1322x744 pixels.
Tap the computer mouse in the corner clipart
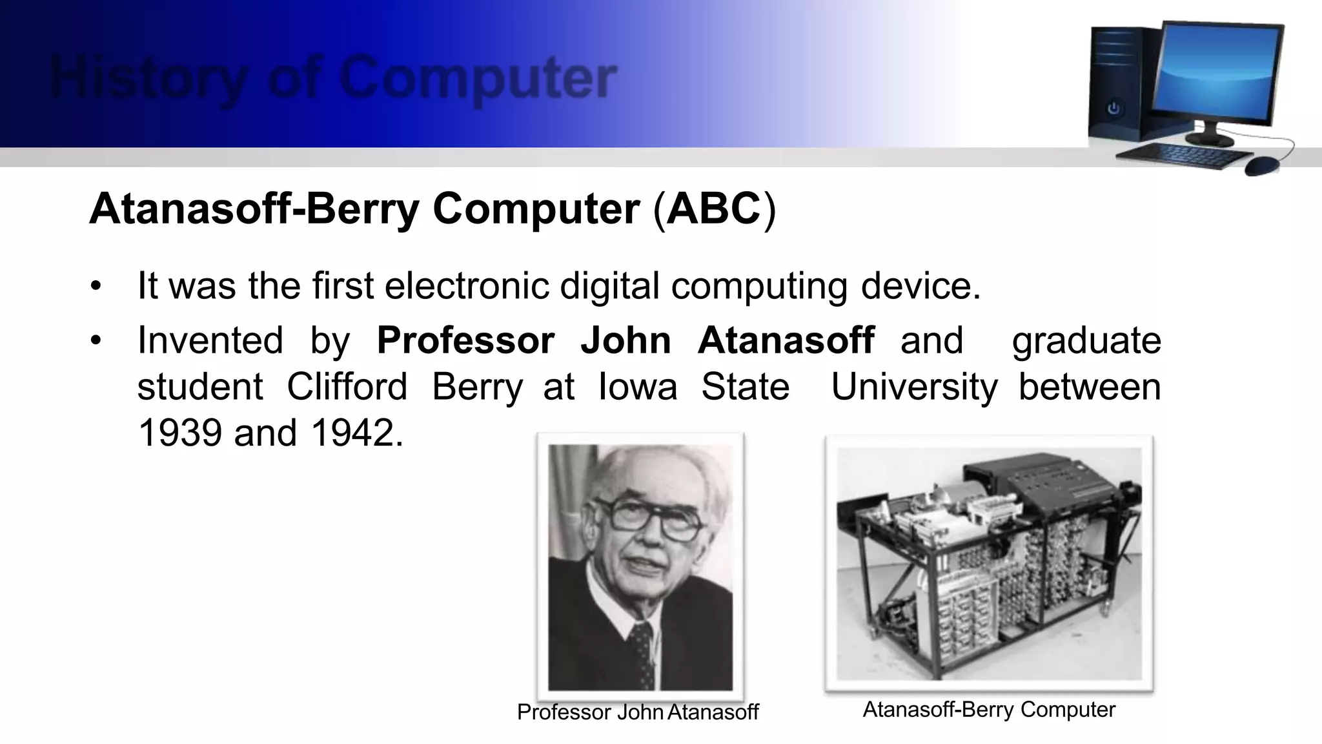pyautogui.click(x=1263, y=165)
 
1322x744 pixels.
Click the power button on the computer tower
pyautogui.click(x=1114, y=108)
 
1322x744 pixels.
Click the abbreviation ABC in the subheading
pyautogui.click(x=713, y=209)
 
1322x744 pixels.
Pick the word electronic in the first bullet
pyautogui.click(x=466, y=285)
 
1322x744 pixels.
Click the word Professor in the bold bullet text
pyautogui.click(x=465, y=340)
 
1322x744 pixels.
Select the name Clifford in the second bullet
pyautogui.click(x=347, y=387)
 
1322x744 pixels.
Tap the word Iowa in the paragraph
pyautogui.click(x=638, y=387)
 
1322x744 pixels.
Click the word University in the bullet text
pyautogui.click(x=914, y=387)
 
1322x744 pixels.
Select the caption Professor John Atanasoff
pyautogui.click(x=638, y=712)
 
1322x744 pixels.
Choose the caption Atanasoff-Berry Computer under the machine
pyautogui.click(x=989, y=709)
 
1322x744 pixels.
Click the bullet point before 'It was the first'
pyautogui.click(x=96, y=286)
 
